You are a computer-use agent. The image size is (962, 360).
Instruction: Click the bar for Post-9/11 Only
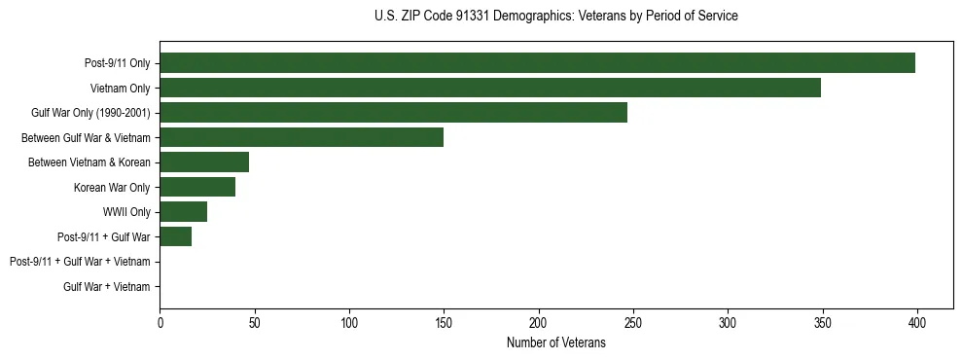pos(537,63)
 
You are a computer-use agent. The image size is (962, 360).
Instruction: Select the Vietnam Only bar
pos(490,88)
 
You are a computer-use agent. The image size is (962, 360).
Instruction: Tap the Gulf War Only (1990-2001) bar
pos(393,113)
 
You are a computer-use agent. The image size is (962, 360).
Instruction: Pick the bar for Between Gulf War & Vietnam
pos(302,137)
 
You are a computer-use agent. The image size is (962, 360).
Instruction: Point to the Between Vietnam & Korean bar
pos(204,162)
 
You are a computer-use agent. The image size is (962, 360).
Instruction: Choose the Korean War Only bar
pos(197,187)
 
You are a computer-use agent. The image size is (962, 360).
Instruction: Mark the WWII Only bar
pos(183,211)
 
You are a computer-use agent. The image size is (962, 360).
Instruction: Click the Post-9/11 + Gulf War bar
pos(175,236)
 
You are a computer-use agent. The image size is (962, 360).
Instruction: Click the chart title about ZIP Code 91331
pos(555,17)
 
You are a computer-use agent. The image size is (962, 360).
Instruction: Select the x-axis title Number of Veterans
pos(555,342)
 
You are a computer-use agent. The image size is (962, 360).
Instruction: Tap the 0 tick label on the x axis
pos(160,322)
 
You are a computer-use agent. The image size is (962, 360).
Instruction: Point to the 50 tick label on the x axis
pos(254,322)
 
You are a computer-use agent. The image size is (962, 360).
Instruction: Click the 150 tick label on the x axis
pos(444,322)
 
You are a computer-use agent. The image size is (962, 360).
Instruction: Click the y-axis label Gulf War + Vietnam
pos(107,286)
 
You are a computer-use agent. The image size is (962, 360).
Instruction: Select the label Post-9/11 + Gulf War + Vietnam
pos(80,262)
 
